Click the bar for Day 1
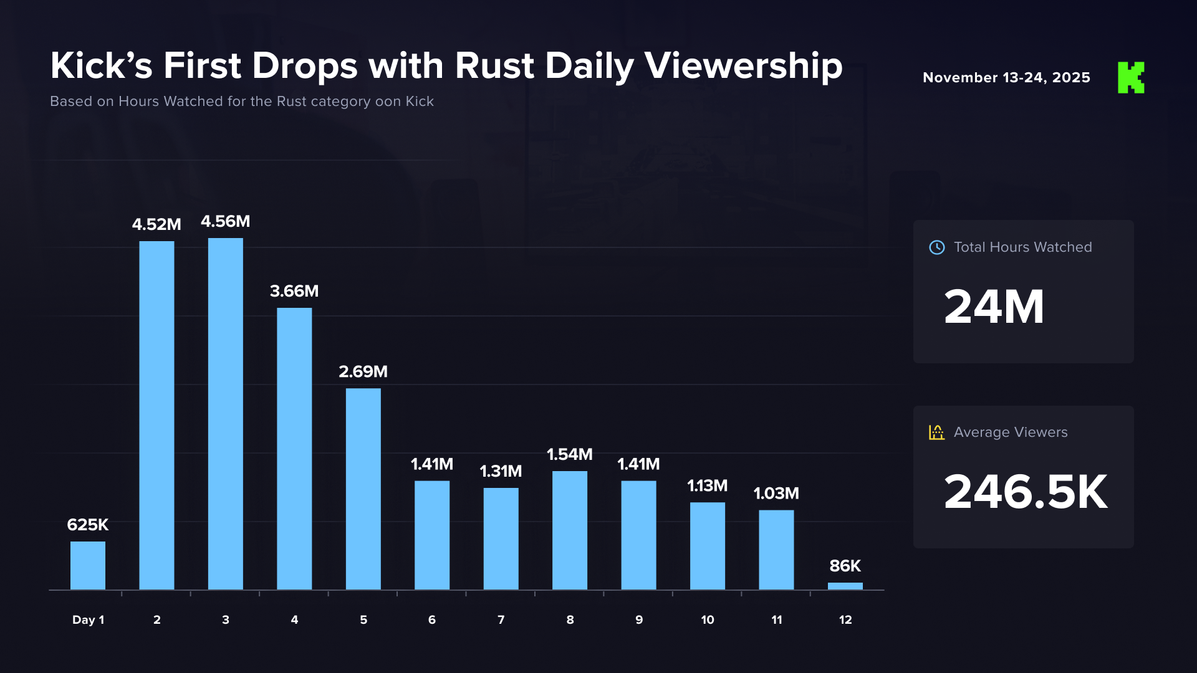(x=88, y=565)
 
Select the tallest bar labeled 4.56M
(x=226, y=414)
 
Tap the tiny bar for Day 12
(x=845, y=586)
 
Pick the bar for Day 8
(x=570, y=530)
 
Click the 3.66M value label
(x=294, y=291)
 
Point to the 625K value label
(x=88, y=525)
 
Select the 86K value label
(x=845, y=566)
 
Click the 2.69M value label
(x=363, y=371)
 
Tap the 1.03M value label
(x=776, y=494)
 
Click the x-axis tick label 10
(x=708, y=620)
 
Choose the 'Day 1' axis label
(x=88, y=620)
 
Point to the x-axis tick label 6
(x=432, y=620)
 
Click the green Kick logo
(x=1131, y=78)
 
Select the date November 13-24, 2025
(x=1006, y=78)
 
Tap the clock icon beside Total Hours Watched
(x=937, y=247)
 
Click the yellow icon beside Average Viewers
(x=936, y=432)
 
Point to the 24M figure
(x=994, y=307)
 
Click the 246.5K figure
(x=1026, y=492)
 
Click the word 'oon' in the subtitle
(x=388, y=102)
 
